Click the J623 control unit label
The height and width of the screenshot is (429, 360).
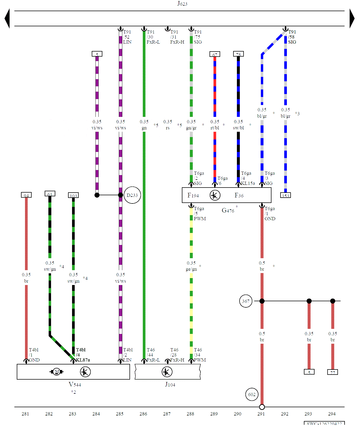(182, 3)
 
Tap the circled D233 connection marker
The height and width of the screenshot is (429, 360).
(132, 195)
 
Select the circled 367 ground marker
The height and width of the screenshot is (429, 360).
(246, 301)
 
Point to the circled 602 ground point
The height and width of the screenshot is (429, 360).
(252, 394)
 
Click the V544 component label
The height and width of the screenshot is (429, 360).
(75, 384)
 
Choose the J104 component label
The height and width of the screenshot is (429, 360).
(170, 384)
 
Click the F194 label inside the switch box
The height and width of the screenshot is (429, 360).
(193, 196)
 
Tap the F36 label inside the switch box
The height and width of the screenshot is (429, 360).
(239, 196)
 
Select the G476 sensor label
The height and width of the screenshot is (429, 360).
(228, 211)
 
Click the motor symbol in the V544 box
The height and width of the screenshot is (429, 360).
(57, 372)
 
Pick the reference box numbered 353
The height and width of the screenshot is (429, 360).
(286, 196)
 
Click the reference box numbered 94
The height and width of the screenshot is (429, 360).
(26, 195)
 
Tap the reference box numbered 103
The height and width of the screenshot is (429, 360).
(73, 196)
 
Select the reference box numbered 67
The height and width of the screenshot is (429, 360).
(215, 54)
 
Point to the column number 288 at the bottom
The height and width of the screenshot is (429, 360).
(190, 414)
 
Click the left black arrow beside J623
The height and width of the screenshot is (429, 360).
(7, 18)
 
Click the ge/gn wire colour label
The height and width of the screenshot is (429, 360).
(191, 269)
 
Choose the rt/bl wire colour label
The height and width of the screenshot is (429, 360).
(215, 128)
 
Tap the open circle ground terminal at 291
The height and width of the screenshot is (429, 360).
(262, 407)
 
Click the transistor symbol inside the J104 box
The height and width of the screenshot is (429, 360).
(167, 372)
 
